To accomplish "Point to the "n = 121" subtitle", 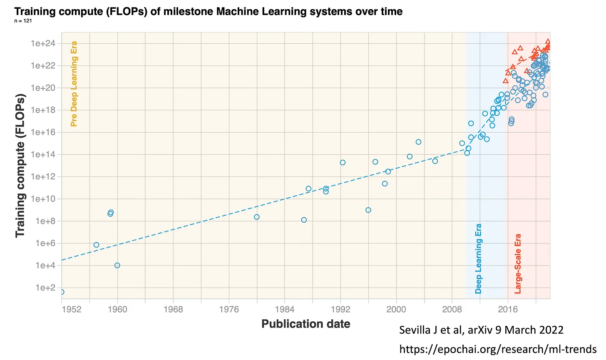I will click(x=23, y=21).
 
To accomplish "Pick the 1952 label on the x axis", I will click(x=72, y=309).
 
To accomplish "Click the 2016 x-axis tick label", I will click(x=508, y=309).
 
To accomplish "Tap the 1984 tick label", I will click(x=285, y=309).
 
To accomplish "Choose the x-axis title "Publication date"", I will click(x=306, y=324).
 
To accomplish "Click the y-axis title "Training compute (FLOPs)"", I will click(x=20, y=166).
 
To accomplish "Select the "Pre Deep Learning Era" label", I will click(x=74, y=84).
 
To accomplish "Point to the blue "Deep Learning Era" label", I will click(x=479, y=258).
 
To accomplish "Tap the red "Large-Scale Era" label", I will click(x=518, y=264).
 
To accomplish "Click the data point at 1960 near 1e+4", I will click(x=117, y=265).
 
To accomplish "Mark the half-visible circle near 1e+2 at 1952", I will click(x=62, y=292).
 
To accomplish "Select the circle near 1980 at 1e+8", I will click(x=257, y=217).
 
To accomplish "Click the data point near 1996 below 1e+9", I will click(x=368, y=210).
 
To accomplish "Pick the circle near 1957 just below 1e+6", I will click(x=96, y=245).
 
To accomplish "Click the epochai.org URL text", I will click(x=498, y=349).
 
